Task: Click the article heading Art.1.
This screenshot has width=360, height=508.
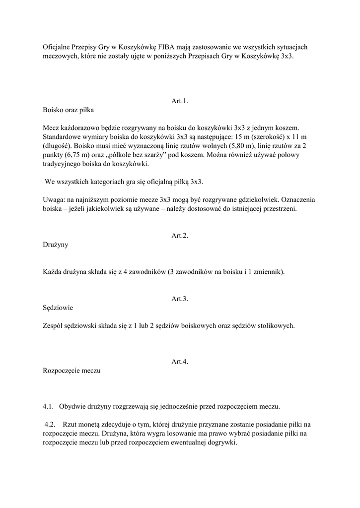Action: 180,101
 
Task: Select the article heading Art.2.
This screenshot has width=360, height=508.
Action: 180,236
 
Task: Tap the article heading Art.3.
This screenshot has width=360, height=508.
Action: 180,299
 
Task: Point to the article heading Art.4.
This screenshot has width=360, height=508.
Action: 180,362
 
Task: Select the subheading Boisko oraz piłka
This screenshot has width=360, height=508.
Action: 68,110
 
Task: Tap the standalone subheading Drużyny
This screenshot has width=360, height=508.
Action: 56,245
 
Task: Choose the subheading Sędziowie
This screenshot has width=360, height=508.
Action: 58,308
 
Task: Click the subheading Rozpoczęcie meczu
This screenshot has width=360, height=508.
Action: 72,371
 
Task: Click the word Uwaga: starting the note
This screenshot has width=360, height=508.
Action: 54,199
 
